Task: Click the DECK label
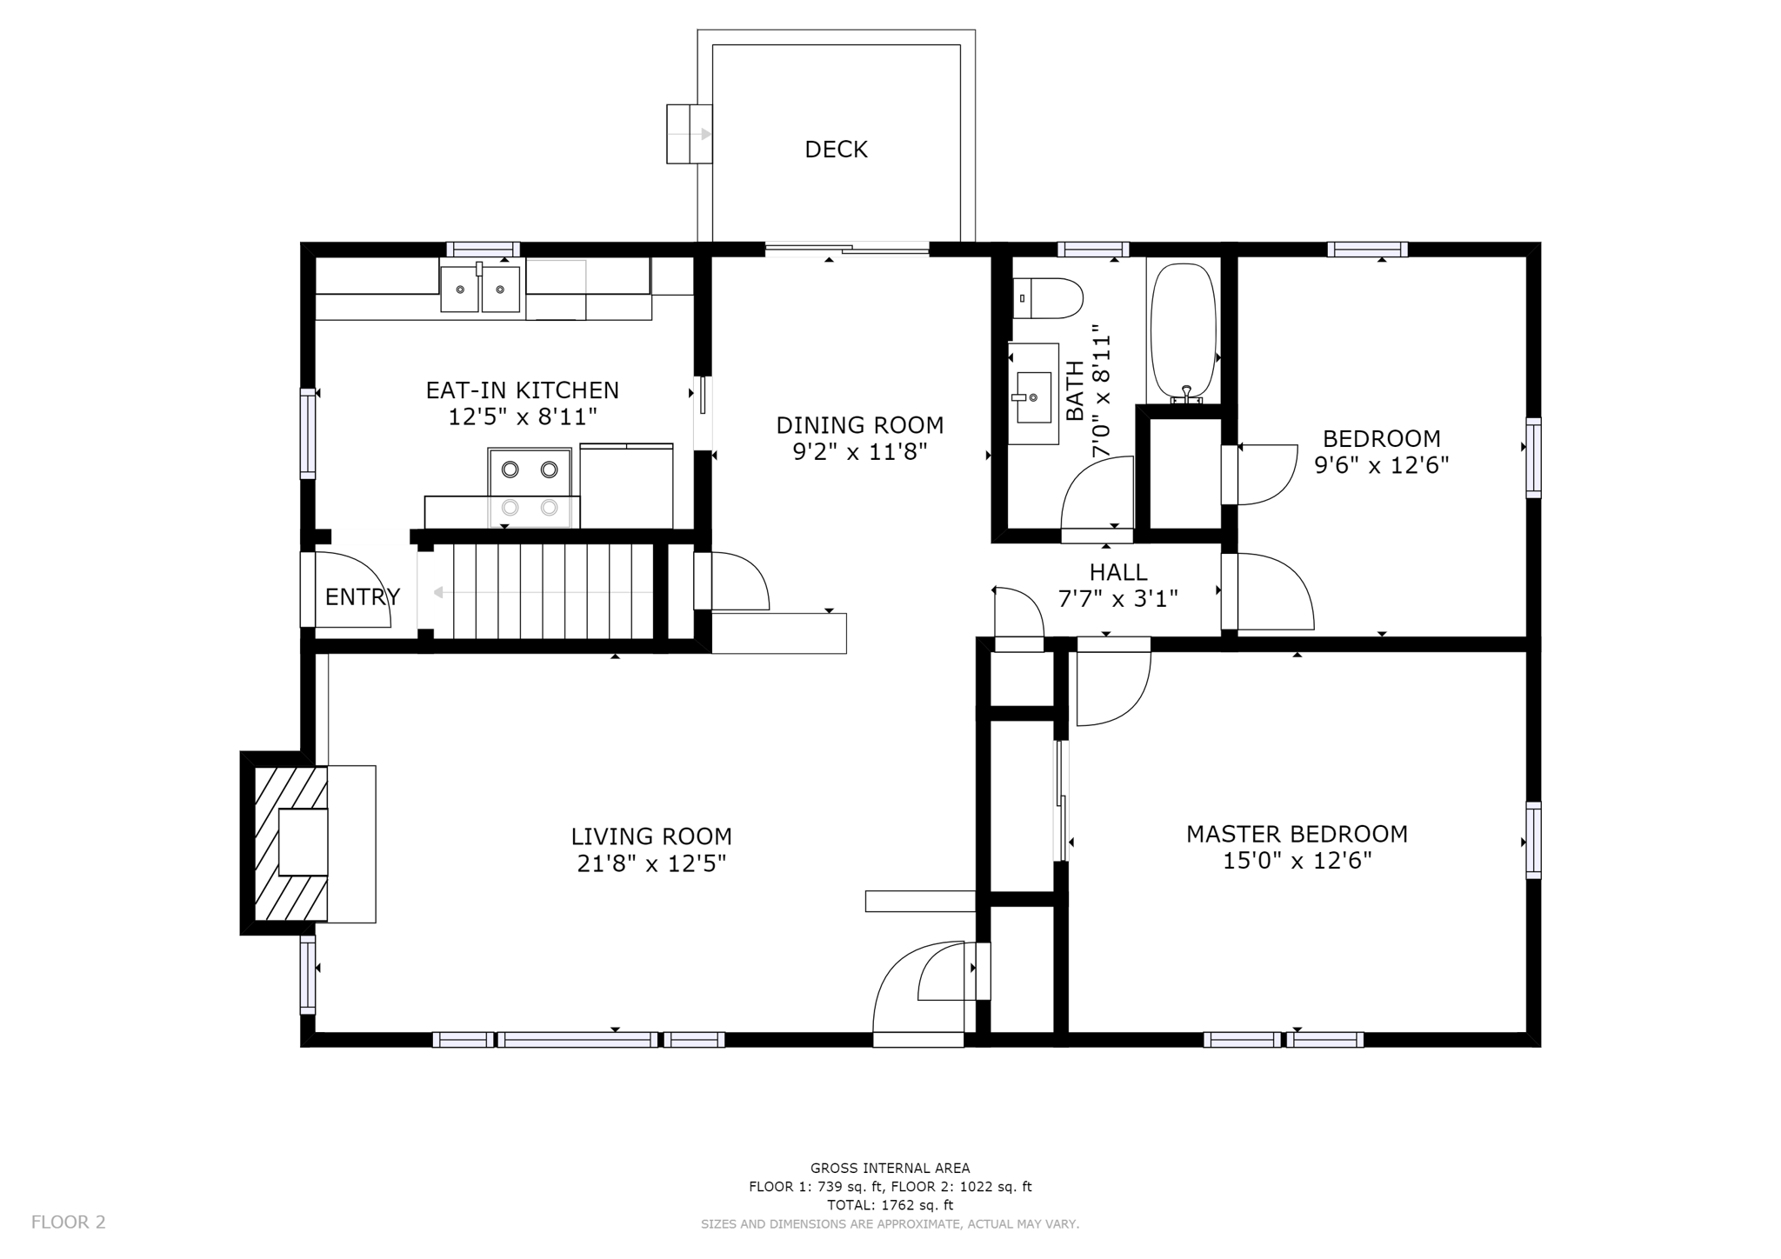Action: point(836,150)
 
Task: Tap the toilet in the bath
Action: point(1047,298)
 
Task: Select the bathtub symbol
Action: point(1183,330)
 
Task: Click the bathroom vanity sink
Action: point(1033,396)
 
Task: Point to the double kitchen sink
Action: point(480,289)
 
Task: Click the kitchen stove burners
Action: point(529,487)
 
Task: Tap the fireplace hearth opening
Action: point(303,842)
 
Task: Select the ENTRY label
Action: point(362,597)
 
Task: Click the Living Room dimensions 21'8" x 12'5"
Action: point(651,864)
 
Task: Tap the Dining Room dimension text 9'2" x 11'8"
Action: point(859,452)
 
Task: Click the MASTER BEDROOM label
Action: point(1297,834)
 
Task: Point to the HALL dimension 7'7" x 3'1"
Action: point(1117,599)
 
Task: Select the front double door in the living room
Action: point(922,991)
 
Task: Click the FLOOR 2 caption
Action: point(68,1222)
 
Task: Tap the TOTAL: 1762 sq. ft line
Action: point(890,1205)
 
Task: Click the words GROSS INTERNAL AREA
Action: point(890,1169)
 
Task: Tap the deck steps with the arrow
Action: point(689,134)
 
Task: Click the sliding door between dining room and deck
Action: point(847,250)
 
